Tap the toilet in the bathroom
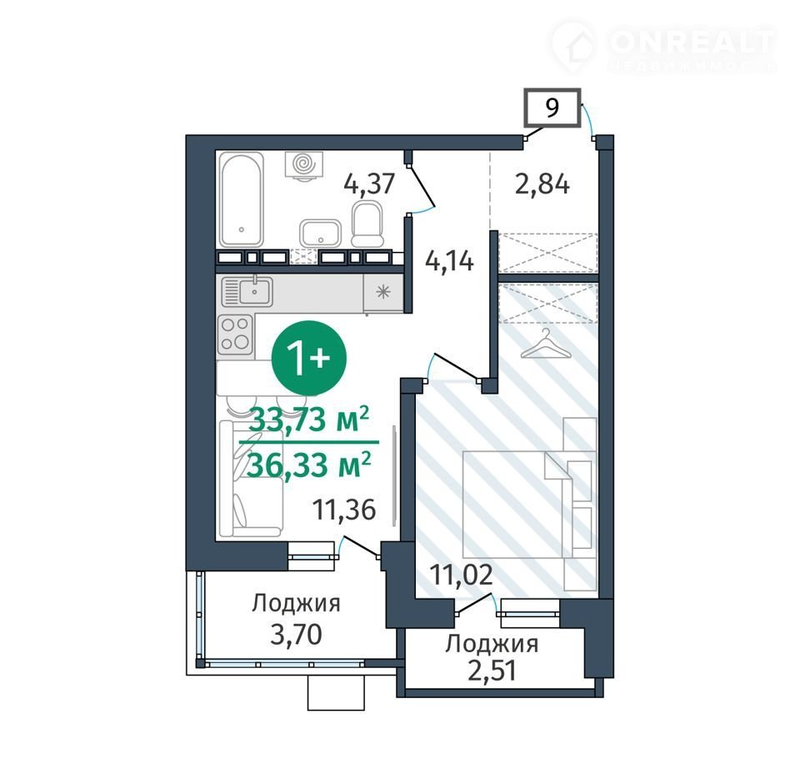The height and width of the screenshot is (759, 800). click(x=367, y=224)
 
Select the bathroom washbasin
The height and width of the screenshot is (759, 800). click(x=320, y=234)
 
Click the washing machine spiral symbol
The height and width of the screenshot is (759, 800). click(x=304, y=164)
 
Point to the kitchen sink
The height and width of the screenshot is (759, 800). click(x=247, y=292)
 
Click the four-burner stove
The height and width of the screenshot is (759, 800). click(x=235, y=334)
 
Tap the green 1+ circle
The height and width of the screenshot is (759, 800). click(x=308, y=358)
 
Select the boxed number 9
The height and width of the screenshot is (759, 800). click(x=552, y=108)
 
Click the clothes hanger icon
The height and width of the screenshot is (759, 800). click(x=545, y=344)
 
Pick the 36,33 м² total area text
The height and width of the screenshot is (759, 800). click(x=308, y=465)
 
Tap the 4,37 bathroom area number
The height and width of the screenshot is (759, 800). click(x=369, y=183)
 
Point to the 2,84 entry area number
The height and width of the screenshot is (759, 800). click(x=542, y=183)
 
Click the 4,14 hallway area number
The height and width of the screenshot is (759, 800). click(x=449, y=261)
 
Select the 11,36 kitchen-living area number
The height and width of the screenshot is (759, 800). click(x=344, y=510)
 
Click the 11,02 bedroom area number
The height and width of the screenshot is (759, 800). click(x=461, y=575)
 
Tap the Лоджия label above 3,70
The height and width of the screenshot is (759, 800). click(x=296, y=603)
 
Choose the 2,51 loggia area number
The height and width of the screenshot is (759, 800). click(x=492, y=671)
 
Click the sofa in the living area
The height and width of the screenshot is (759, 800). click(x=250, y=479)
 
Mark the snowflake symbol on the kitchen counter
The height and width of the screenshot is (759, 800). click(x=382, y=292)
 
